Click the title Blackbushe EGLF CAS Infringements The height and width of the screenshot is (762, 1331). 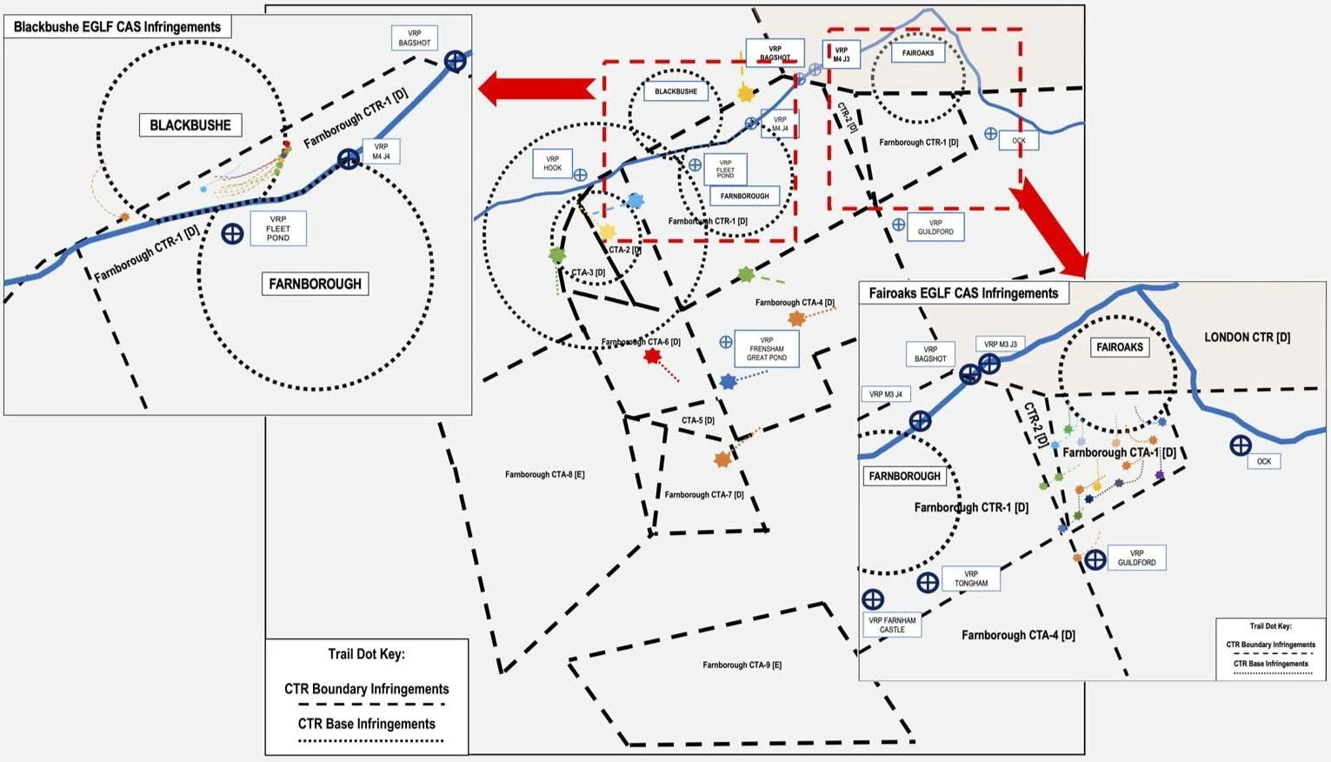click(x=117, y=27)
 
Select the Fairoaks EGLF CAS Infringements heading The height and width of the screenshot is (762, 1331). click(x=963, y=293)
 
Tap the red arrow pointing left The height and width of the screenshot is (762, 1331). click(x=536, y=89)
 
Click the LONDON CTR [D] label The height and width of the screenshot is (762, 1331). click(x=1247, y=338)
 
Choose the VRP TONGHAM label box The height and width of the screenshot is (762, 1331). click(x=971, y=578)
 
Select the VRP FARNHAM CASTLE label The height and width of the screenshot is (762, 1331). click(x=892, y=625)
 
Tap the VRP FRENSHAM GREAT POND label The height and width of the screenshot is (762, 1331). click(x=766, y=349)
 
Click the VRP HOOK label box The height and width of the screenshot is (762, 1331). click(x=552, y=164)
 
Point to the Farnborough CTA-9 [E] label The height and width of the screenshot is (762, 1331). click(x=742, y=665)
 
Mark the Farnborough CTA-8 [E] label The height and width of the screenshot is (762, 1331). click(x=544, y=474)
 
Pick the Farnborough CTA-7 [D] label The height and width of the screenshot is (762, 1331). click(x=703, y=494)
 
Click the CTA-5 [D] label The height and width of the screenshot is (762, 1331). click(x=697, y=420)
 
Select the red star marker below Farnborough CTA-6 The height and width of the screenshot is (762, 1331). click(x=652, y=356)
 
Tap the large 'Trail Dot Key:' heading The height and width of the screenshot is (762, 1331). click(x=366, y=654)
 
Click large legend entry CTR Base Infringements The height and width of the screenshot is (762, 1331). click(x=366, y=724)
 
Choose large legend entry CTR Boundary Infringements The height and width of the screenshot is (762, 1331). click(x=366, y=689)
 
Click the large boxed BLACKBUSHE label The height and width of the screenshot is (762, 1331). click(x=190, y=125)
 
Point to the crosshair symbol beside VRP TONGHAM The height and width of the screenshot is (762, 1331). click(x=928, y=582)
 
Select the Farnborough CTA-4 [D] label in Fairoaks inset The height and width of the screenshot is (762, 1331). click(x=1017, y=635)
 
